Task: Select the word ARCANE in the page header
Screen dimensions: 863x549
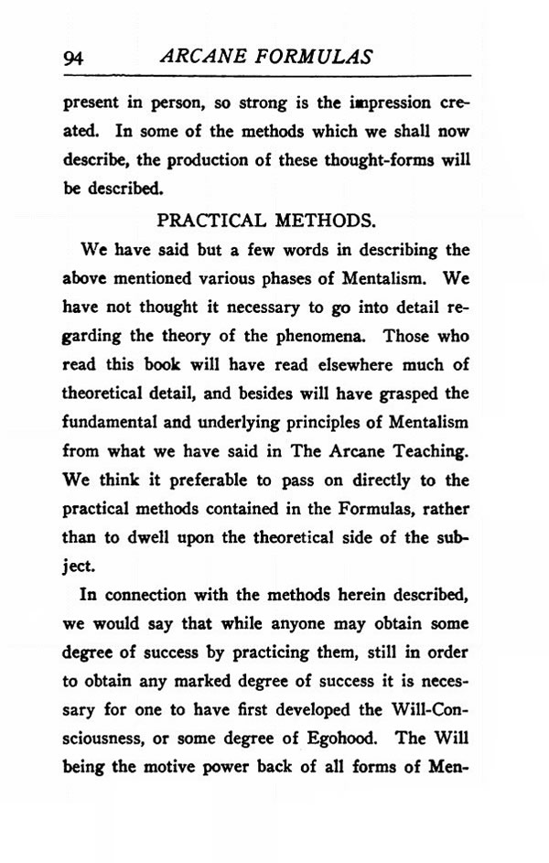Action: pos(196,57)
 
